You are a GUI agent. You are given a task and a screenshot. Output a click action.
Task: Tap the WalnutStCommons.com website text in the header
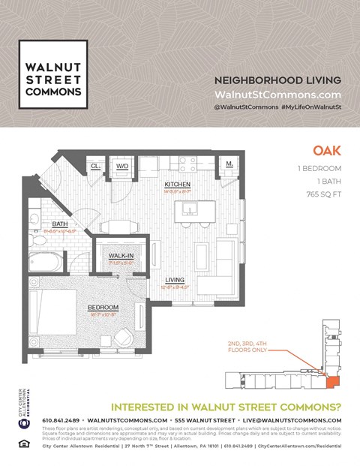(277, 95)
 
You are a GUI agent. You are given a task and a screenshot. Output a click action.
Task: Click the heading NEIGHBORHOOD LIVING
(277, 80)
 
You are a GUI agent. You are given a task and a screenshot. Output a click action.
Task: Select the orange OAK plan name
(327, 151)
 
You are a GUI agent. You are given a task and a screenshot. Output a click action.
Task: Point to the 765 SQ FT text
(319, 194)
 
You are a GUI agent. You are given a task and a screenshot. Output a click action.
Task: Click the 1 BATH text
(326, 181)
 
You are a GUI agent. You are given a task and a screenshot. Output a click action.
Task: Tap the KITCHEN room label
(178, 184)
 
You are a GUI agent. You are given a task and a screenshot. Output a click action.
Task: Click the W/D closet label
(122, 166)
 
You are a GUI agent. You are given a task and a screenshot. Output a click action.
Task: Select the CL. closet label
(96, 166)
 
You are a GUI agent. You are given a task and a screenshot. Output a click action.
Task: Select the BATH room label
(60, 224)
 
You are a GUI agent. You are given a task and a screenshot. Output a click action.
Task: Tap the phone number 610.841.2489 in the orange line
(61, 419)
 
